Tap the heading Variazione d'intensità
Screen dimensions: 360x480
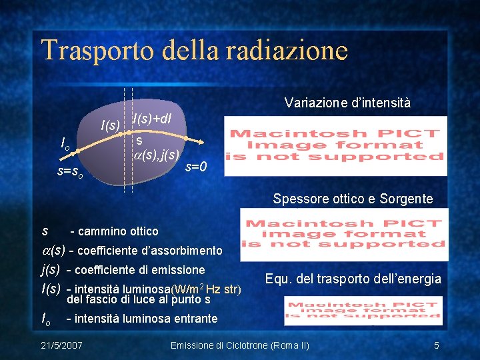click(x=347, y=103)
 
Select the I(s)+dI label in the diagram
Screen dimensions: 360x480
click(x=153, y=119)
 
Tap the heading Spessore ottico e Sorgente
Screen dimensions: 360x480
click(x=353, y=199)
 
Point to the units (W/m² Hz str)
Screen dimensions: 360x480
click(x=206, y=289)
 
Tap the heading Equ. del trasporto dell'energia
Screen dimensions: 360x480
click(x=353, y=279)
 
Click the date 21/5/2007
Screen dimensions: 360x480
click(x=61, y=345)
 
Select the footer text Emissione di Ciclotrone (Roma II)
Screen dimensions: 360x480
click(x=240, y=345)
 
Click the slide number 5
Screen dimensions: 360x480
click(x=436, y=345)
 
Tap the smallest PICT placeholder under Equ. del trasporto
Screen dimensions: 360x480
click(x=363, y=311)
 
